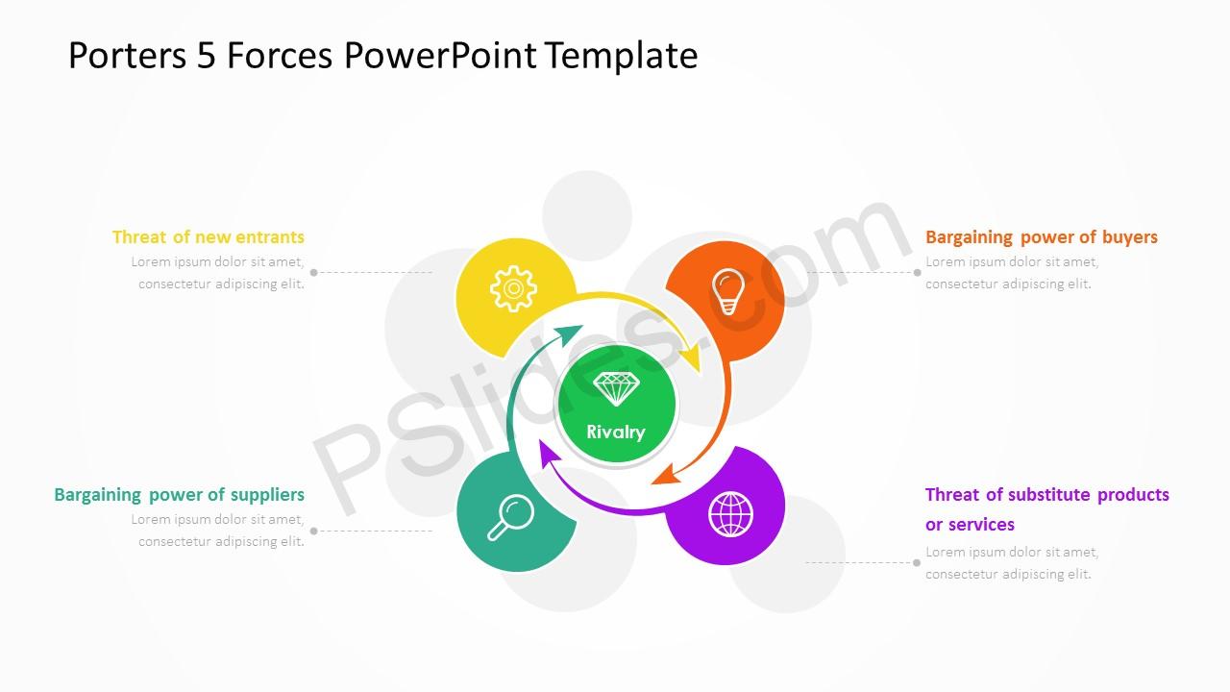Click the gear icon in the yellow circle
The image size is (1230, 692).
click(513, 288)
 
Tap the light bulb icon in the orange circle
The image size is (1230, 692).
click(728, 291)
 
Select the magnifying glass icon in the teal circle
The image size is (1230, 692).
click(510, 517)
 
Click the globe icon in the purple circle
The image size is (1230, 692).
click(730, 514)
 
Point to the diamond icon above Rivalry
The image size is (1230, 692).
click(616, 389)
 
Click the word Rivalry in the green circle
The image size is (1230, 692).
click(616, 432)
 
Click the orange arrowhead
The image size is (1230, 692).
click(666, 475)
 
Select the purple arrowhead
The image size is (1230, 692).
click(549, 453)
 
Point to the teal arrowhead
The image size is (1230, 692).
click(568, 333)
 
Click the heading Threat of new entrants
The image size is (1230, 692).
click(209, 236)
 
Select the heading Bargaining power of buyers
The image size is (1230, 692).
click(1041, 236)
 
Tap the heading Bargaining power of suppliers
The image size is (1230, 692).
click(179, 494)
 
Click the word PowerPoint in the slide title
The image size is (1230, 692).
click(440, 55)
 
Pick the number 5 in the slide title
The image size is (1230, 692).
click(206, 56)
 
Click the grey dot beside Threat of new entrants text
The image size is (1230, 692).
click(313, 272)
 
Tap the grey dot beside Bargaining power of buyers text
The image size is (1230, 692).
click(917, 272)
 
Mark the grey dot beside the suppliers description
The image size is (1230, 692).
click(313, 531)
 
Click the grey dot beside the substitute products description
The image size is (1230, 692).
click(917, 562)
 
